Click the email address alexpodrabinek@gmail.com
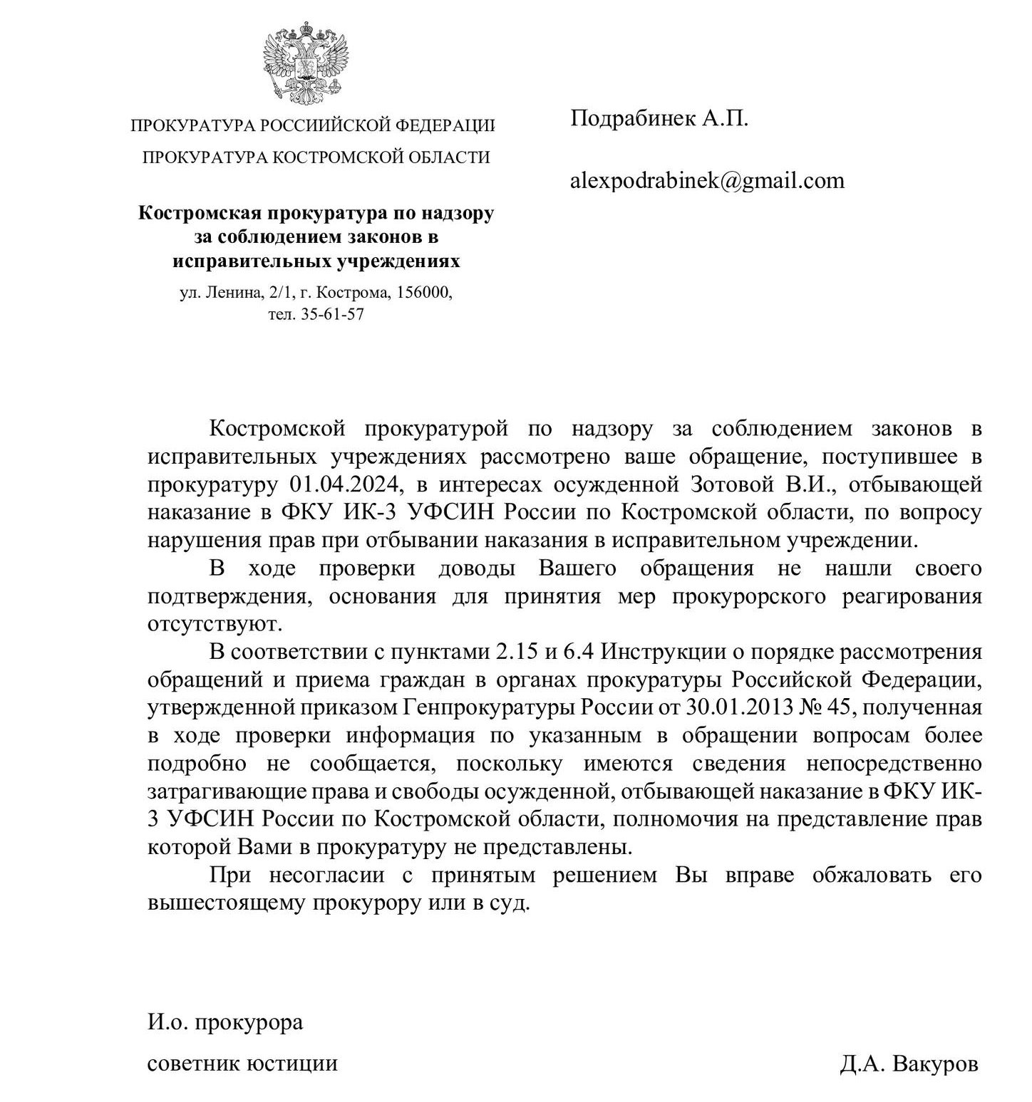707,181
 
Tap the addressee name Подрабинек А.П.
659,118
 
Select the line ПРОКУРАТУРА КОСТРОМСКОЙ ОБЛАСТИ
316,157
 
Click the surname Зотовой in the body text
733,485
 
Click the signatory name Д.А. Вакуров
909,1064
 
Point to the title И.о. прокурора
225,1022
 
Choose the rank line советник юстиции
242,1064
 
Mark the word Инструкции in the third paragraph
671,652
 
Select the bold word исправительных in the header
244,261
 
